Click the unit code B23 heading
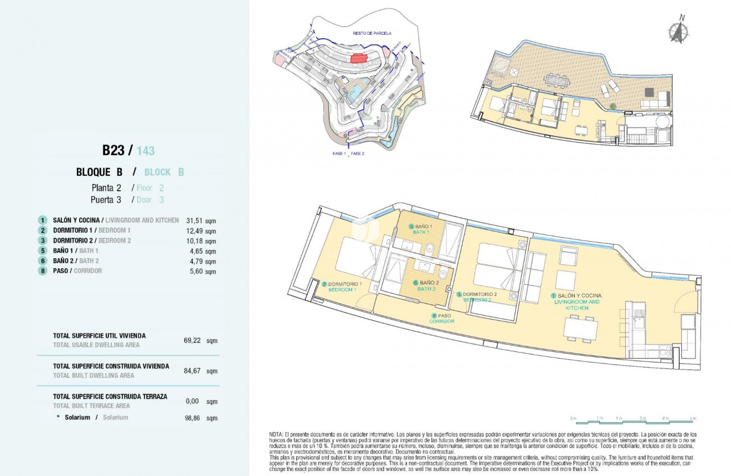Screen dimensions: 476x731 pos(114,150)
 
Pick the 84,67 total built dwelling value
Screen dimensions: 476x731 pos(192,371)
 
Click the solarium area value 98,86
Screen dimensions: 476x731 pos(192,418)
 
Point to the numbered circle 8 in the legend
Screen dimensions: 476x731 pos(42,271)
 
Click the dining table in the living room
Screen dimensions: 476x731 pos(580,329)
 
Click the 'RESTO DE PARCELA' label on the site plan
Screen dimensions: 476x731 pos(368,33)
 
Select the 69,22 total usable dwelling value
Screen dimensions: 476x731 pos(192,340)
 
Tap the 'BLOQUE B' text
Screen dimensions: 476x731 pos(99,172)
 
